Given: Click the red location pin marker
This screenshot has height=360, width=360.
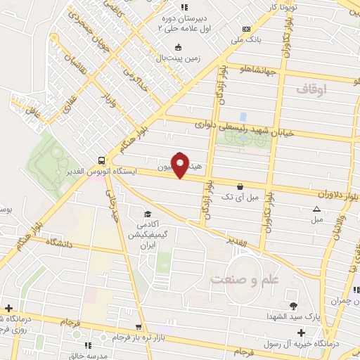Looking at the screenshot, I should tap(182, 165).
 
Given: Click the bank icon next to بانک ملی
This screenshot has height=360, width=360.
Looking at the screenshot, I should tap(246, 29).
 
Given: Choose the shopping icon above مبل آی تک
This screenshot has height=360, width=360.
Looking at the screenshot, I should tap(241, 187).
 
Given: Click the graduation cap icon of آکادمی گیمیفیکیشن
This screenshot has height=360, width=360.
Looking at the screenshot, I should tap(148, 214).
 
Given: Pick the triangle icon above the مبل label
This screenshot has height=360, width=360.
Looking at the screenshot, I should tap(317, 209).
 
